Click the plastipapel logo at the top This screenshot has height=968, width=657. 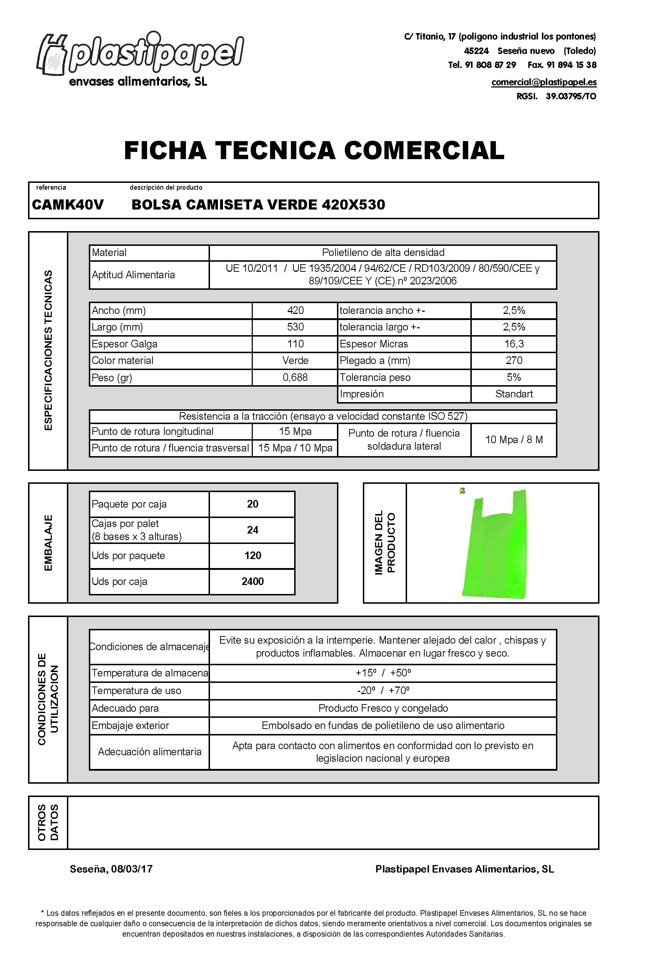click(140, 58)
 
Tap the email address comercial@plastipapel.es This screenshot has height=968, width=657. click(543, 82)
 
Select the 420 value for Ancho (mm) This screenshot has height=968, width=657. click(295, 310)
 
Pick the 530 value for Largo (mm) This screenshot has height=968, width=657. click(295, 327)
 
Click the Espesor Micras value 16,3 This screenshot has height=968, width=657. click(514, 344)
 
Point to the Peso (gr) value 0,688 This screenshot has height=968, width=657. click(295, 377)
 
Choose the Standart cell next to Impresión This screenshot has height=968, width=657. click(514, 394)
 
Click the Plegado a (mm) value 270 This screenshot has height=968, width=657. click(514, 360)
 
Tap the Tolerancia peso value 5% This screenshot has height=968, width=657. click(514, 377)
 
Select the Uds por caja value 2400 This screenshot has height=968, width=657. click(252, 581)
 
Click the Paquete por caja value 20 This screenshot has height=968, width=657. click(252, 504)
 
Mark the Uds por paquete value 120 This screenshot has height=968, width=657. click(252, 556)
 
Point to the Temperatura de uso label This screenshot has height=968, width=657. click(137, 690)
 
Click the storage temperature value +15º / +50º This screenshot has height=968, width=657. click(383, 673)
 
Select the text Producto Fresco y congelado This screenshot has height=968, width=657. click(383, 708)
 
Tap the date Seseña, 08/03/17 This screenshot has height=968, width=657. click(111, 869)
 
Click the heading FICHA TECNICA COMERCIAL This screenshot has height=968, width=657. click(314, 150)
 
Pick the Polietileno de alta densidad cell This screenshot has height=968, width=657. click(383, 252)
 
